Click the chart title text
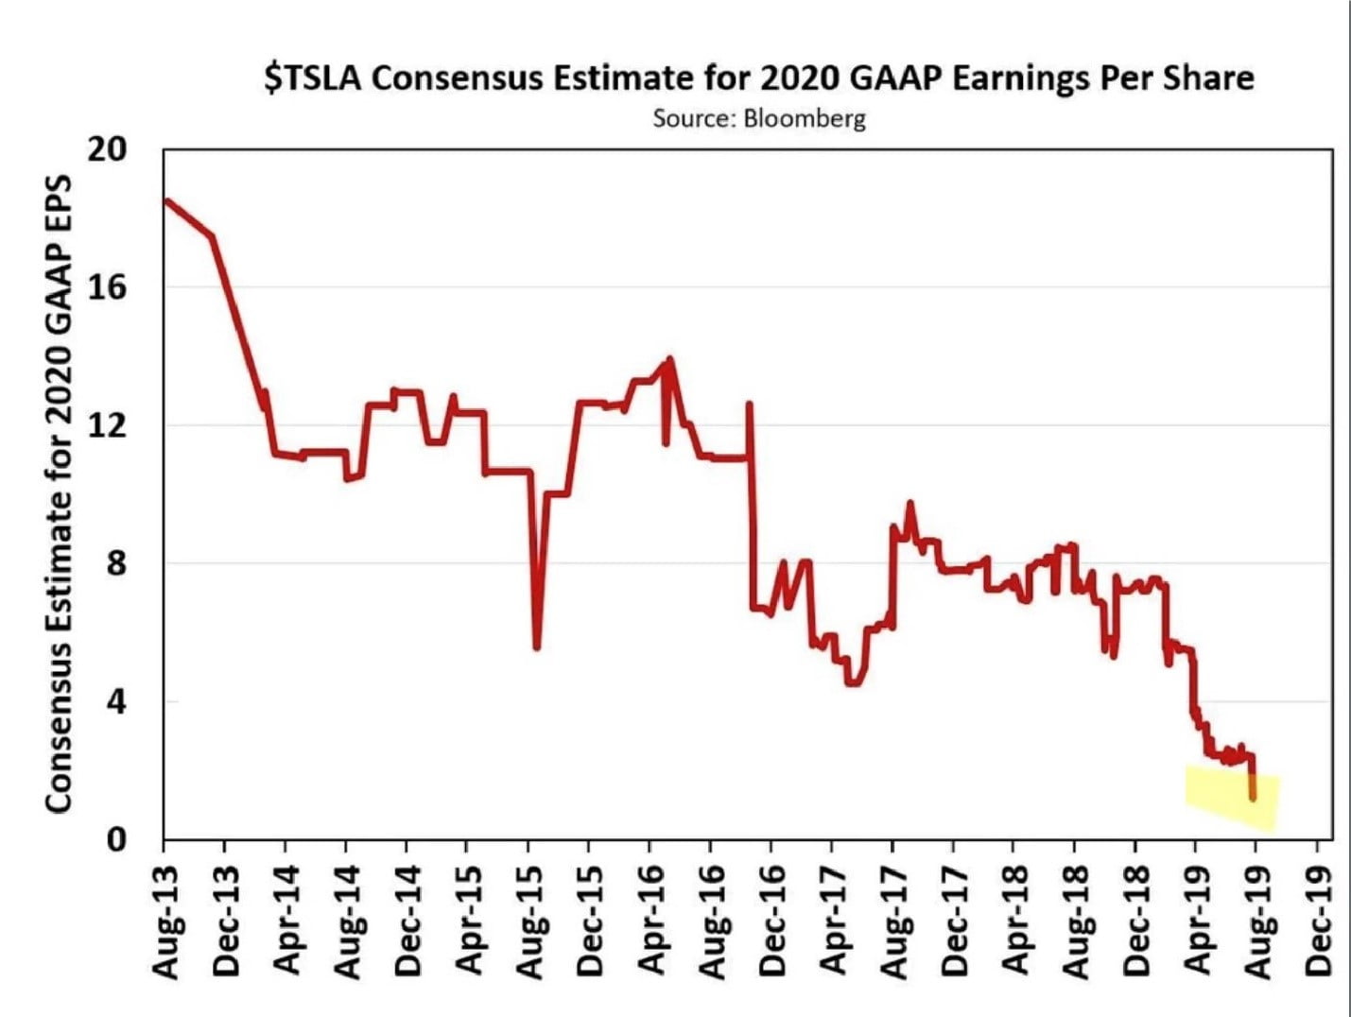759,78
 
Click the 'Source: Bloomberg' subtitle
759,119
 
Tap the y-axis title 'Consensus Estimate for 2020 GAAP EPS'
60,492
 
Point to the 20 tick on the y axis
108,150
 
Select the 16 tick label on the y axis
108,287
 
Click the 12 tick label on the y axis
108,425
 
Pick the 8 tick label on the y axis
115,563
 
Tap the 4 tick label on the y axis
115,701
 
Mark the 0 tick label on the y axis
115,839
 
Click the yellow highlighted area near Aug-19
1232,798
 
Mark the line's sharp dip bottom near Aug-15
537,646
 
